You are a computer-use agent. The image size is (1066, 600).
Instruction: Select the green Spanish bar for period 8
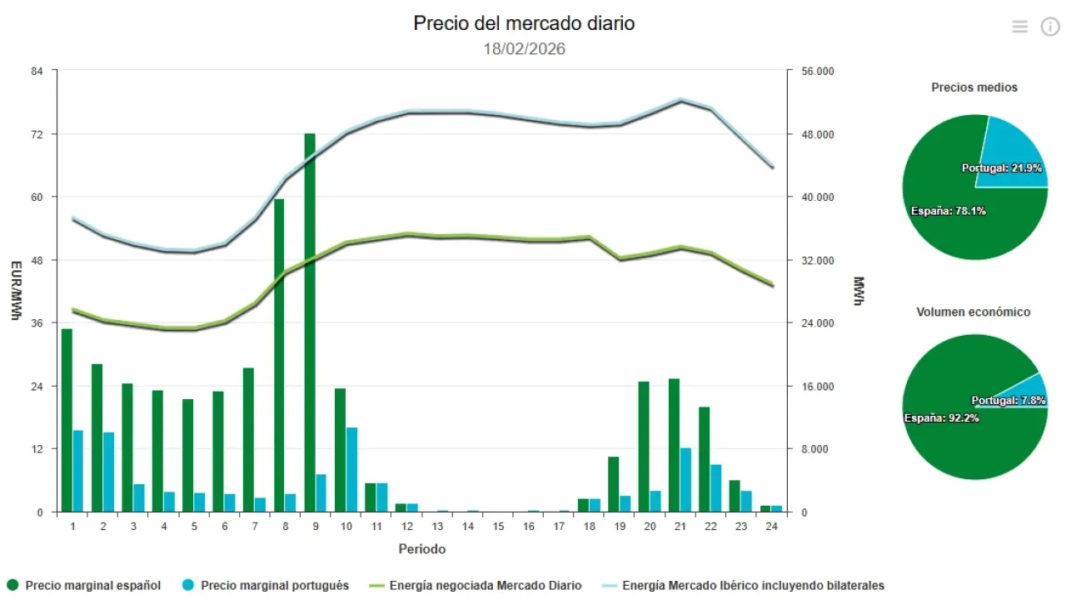(x=279, y=355)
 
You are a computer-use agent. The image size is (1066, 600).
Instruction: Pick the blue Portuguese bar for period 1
(x=78, y=471)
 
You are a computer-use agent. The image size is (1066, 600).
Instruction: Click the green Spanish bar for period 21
(x=674, y=445)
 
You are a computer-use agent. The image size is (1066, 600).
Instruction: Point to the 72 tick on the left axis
(x=37, y=134)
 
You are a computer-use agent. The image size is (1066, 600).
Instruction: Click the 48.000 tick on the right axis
(x=817, y=134)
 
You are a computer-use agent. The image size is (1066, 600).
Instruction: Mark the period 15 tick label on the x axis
(x=498, y=527)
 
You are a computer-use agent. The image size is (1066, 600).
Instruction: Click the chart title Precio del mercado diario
(x=524, y=23)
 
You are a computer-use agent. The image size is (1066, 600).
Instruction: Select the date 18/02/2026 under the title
(x=524, y=49)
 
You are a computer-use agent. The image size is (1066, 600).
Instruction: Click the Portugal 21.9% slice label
(x=1001, y=168)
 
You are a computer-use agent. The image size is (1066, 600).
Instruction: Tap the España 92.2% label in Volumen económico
(x=941, y=417)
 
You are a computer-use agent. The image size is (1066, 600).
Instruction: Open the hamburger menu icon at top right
(x=1020, y=27)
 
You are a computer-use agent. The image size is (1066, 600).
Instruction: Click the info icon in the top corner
(x=1050, y=27)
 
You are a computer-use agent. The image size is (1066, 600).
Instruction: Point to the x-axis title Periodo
(x=421, y=549)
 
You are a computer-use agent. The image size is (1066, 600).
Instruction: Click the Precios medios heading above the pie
(x=974, y=87)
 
